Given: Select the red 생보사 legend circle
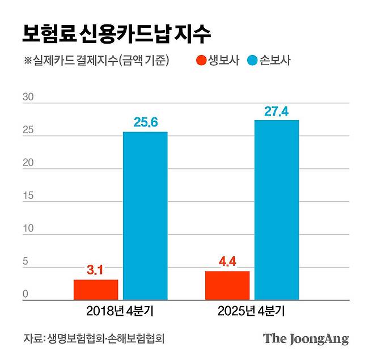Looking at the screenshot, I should click(x=201, y=60).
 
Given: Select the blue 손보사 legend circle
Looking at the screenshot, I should click(x=252, y=60).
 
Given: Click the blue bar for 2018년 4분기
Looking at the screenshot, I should click(x=145, y=215).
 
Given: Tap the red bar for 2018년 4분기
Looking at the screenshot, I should click(x=96, y=289).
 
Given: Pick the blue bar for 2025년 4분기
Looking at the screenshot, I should click(x=277, y=209).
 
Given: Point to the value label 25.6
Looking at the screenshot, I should click(x=145, y=122).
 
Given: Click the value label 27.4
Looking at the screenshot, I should click(x=277, y=111).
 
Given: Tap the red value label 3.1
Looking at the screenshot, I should click(x=96, y=270).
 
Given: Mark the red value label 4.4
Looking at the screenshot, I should click(x=227, y=262).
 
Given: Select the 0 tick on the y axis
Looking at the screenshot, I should click(x=26, y=294).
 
